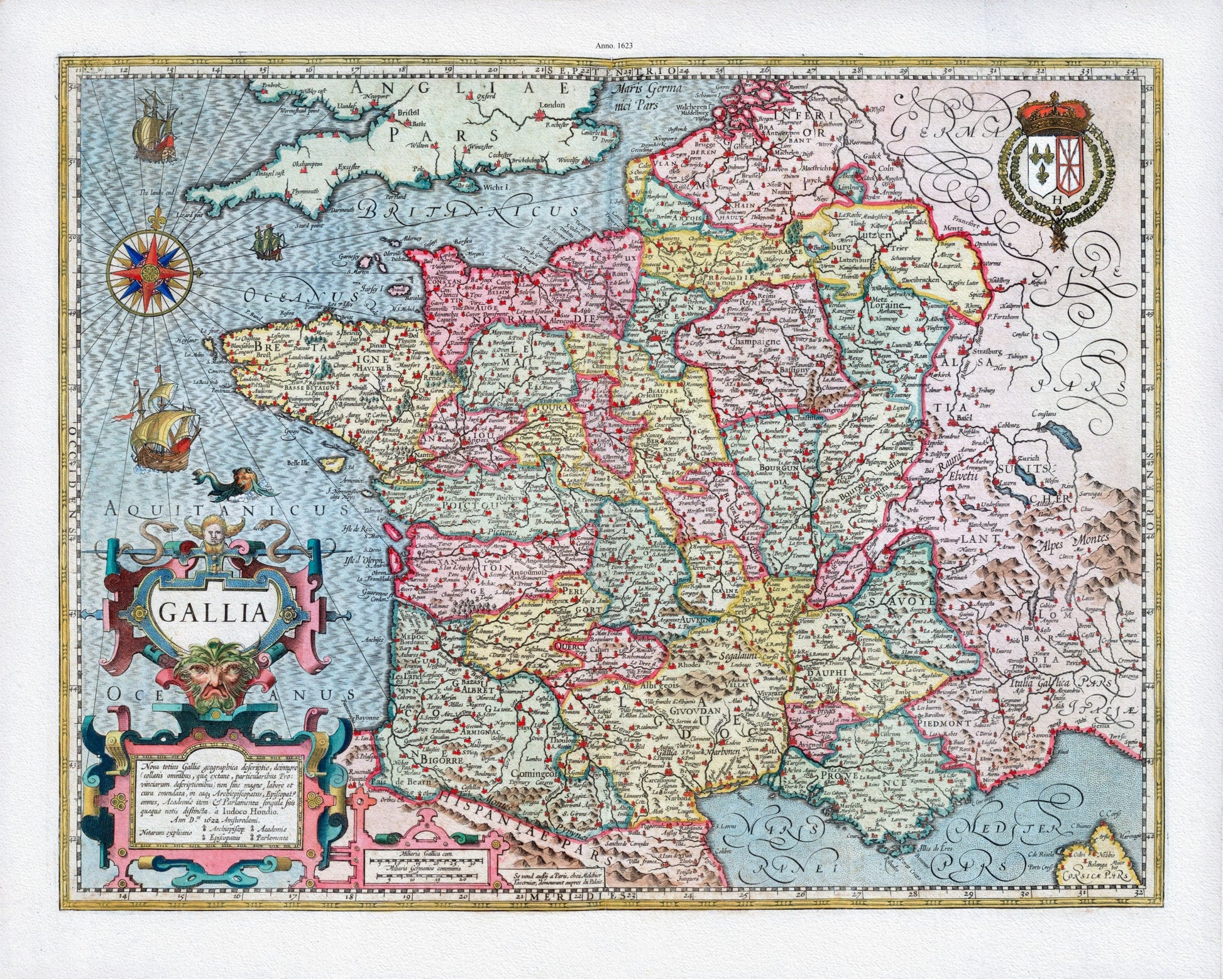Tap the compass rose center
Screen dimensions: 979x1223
tap(148, 272)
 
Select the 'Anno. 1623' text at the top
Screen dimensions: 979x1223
tap(611, 46)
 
